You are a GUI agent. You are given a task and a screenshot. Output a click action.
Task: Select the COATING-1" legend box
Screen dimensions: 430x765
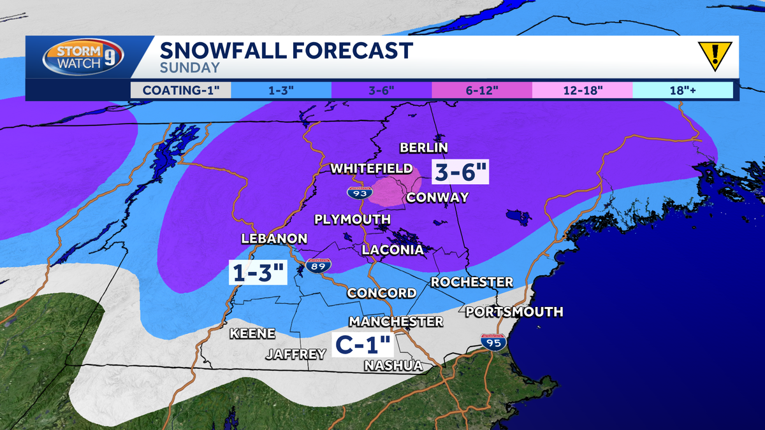[180, 90]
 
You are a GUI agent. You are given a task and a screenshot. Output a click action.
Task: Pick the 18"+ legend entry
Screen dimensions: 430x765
[682, 90]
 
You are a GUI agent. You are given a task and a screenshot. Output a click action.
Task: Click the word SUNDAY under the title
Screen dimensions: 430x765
[189, 68]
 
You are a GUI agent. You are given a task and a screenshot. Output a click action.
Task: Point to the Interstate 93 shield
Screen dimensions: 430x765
[356, 191]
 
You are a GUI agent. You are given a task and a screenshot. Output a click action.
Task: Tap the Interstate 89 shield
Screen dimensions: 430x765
[317, 266]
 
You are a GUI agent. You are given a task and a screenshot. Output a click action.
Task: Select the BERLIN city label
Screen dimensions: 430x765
[424, 148]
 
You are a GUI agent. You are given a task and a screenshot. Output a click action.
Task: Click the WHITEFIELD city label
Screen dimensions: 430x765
[371, 168]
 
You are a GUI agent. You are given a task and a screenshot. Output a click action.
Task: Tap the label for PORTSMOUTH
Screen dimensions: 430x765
[514, 312]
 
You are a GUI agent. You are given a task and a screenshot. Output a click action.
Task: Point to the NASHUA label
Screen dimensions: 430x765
[393, 366]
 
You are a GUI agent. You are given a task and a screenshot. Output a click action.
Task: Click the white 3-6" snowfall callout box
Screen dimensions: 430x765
[460, 172]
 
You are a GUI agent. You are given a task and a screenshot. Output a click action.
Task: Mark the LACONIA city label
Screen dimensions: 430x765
[393, 250]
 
